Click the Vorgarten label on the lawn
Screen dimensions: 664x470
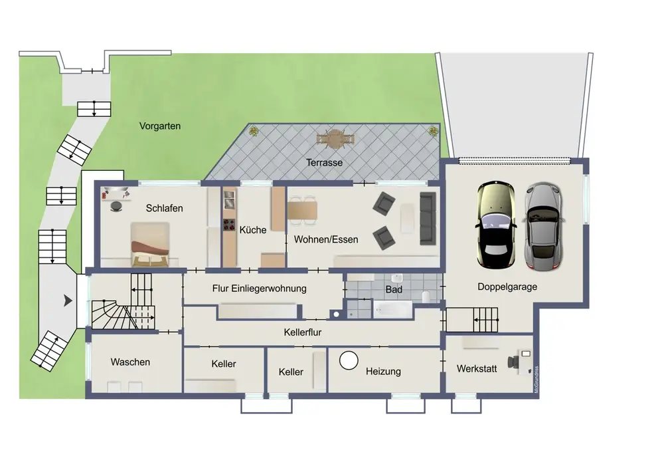point(160,126)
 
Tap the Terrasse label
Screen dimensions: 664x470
point(325,162)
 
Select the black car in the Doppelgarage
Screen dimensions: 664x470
point(496,225)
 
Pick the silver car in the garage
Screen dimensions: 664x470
point(544,226)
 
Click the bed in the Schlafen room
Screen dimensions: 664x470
point(150,245)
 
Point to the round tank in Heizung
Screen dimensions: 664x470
point(349,361)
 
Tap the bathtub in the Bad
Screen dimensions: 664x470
point(392,309)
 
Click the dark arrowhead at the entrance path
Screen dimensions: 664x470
point(68,301)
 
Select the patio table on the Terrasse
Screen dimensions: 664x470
point(335,139)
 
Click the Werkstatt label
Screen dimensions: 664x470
point(477,369)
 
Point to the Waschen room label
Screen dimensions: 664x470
point(130,362)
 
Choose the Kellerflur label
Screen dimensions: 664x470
point(302,332)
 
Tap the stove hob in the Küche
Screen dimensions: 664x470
point(229,225)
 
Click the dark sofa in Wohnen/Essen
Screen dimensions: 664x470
point(428,219)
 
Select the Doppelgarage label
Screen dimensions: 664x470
point(507,287)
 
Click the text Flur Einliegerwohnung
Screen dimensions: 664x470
point(259,289)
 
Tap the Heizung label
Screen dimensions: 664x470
point(383,372)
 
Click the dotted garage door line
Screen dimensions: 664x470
point(514,161)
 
